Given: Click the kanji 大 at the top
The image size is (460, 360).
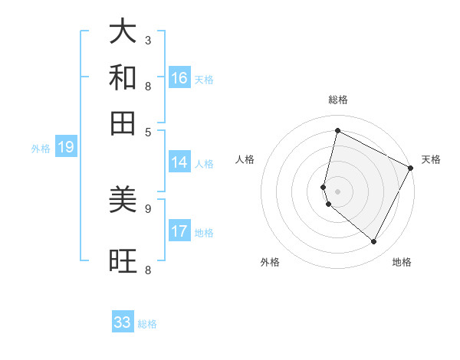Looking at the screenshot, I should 123,32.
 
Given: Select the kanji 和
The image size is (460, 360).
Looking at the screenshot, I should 123,77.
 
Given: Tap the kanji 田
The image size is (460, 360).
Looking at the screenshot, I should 123,123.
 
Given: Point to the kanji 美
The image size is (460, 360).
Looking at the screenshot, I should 123,200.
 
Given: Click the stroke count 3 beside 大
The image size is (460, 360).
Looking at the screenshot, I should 148,40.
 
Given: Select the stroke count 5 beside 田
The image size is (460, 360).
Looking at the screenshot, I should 148,131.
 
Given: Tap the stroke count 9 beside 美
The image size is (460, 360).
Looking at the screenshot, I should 148,208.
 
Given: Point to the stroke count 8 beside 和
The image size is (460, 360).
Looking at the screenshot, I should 148,86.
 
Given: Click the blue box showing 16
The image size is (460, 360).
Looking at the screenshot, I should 179,77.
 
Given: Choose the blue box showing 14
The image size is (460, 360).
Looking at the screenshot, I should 179,162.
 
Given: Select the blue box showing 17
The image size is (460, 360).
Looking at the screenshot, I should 179,231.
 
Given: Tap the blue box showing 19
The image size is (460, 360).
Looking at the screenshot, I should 66,147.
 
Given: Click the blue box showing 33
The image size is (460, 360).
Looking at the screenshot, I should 123,322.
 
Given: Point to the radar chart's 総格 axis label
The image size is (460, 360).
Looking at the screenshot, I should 338,100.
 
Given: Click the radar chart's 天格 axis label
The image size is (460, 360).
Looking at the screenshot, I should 431,159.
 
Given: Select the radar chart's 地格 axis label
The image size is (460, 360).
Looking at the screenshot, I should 402,262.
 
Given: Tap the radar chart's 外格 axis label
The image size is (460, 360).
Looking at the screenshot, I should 270,262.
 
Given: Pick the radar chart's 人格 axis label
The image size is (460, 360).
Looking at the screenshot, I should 245,159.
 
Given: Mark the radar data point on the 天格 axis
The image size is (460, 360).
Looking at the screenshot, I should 411,168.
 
